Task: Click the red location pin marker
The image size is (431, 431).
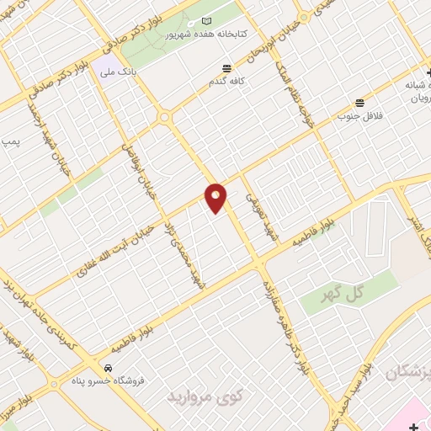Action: coord(216,197)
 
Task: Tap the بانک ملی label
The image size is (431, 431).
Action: coord(117,73)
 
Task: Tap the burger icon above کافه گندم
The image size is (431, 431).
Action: coord(226,69)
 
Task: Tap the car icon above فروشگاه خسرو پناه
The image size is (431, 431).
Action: coord(108,368)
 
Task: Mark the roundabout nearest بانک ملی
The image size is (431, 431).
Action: coord(163,116)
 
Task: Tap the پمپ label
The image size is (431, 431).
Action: coord(11,143)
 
